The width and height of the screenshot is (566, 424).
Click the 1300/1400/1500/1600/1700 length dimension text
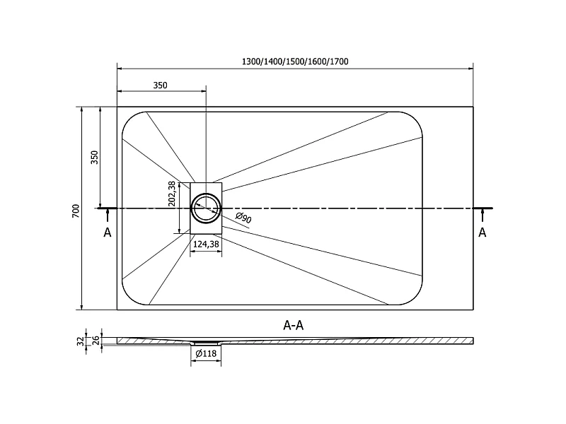pyautogui.click(x=295, y=61)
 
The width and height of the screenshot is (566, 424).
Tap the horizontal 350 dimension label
pyautogui.click(x=161, y=86)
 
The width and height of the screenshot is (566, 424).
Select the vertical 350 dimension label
pyautogui.click(x=94, y=157)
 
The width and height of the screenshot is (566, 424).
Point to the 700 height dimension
pyautogui.click(x=76, y=211)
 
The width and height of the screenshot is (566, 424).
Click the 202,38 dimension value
pyautogui.click(x=172, y=194)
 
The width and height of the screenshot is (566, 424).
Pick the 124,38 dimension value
pyautogui.click(x=206, y=245)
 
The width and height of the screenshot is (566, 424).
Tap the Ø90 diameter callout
pyautogui.click(x=243, y=218)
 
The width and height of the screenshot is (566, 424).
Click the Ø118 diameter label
pyautogui.click(x=206, y=354)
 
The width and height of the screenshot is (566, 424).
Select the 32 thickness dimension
pyautogui.click(x=81, y=341)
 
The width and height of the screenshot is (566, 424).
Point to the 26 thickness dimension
pyautogui.click(x=96, y=341)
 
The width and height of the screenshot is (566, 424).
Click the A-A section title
pyautogui.click(x=294, y=326)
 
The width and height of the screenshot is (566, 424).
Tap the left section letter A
pyautogui.click(x=108, y=233)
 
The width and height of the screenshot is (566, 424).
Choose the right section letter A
pyautogui.click(x=483, y=233)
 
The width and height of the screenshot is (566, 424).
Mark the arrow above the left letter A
pyautogui.click(x=108, y=216)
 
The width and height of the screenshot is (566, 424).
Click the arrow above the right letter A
pyautogui.click(x=483, y=216)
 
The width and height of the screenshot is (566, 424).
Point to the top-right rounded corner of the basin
pyautogui.click(x=416, y=119)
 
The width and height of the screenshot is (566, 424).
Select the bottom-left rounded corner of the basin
pyautogui.click(x=129, y=298)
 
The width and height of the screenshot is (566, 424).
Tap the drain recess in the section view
pyautogui.click(x=206, y=343)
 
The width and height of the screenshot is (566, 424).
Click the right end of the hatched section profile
pyautogui.click(x=473, y=341)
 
